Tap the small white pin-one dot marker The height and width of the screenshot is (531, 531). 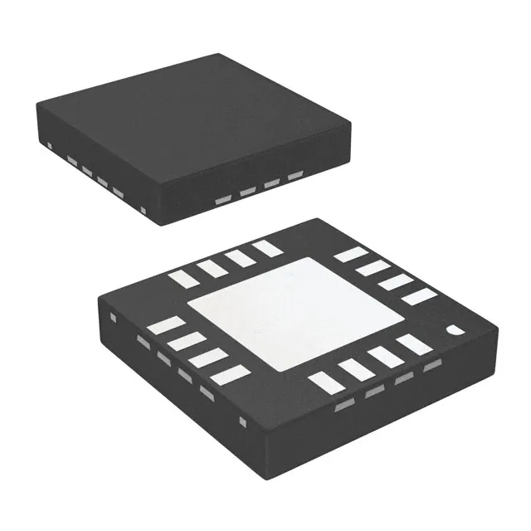(453, 329)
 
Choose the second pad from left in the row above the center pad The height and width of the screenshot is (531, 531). (209, 268)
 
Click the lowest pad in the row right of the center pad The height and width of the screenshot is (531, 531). (419, 295)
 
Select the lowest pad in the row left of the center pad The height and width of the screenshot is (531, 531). (230, 375)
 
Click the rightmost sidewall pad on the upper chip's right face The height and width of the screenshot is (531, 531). (295, 176)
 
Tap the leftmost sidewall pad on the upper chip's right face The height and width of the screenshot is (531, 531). (223, 200)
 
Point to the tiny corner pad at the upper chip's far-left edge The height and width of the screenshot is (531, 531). (51, 147)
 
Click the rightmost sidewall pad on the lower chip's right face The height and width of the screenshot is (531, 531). (431, 367)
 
